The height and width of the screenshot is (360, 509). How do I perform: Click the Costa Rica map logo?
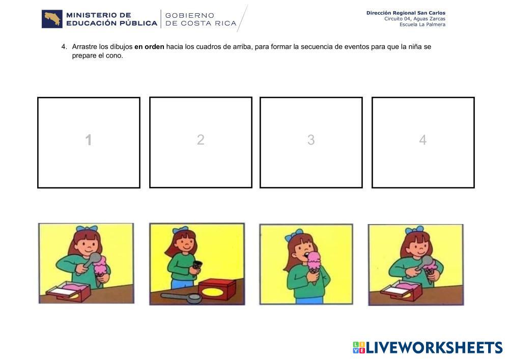(52, 19)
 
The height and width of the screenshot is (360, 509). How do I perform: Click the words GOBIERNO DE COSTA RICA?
(201, 19)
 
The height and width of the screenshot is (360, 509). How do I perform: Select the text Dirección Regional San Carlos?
(406, 13)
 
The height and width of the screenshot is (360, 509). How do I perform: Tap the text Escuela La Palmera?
(422, 24)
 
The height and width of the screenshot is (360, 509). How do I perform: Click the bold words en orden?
(149, 47)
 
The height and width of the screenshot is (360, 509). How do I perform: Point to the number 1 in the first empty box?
(88, 140)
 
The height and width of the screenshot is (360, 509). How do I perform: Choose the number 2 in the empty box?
(201, 140)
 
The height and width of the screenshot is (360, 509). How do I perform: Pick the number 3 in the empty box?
(311, 140)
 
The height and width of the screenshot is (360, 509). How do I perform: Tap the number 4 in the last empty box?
(422, 140)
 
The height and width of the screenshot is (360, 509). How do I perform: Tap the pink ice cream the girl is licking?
(314, 260)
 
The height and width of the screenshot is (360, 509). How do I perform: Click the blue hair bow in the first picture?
(87, 229)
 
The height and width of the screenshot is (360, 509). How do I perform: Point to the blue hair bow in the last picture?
(415, 230)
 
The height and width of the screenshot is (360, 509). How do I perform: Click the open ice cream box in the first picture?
(69, 291)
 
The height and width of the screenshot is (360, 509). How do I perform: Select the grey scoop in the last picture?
(425, 262)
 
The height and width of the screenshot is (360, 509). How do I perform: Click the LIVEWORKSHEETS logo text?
(428, 347)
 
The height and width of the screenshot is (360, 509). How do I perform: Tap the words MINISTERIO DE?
(99, 15)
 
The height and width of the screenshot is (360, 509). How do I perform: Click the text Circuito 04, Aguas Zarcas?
(415, 19)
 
